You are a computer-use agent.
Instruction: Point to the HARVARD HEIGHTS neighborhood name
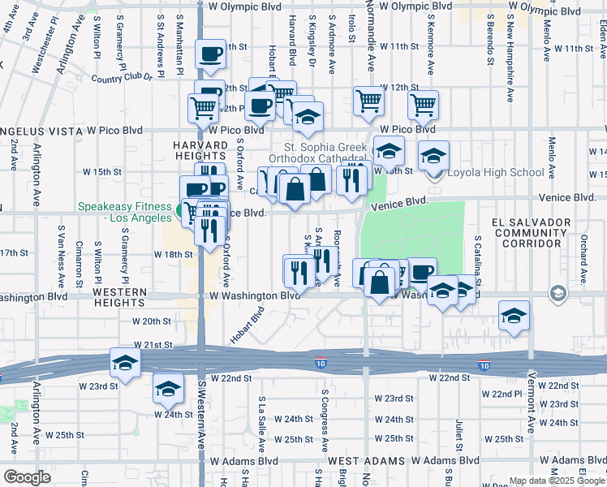(199, 149)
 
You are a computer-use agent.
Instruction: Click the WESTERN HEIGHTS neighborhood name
(119, 296)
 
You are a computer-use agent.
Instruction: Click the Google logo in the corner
(27, 476)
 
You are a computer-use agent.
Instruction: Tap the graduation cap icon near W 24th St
(168, 390)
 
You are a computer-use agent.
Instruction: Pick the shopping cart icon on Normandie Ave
(368, 101)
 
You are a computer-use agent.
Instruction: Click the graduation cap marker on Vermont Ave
(514, 315)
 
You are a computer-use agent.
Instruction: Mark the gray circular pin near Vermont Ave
(558, 292)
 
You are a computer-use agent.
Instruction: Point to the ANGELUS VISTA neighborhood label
(41, 130)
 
